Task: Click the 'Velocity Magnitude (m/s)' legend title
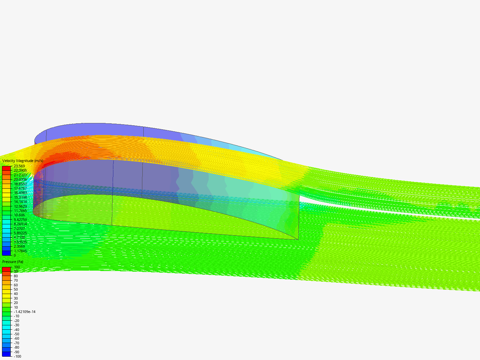click(23, 161)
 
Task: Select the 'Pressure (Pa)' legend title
click(13, 262)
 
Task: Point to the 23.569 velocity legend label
click(19, 166)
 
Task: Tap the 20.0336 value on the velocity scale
click(20, 179)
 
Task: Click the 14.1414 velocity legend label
click(20, 202)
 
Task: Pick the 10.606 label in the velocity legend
click(19, 215)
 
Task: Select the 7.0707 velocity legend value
click(19, 229)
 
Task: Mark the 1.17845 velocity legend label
click(20, 251)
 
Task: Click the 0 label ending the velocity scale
click(15, 255)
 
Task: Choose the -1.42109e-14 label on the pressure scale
click(25, 312)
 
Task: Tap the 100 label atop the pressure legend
click(17, 267)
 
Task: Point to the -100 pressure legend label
click(17, 356)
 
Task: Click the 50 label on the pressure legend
click(16, 289)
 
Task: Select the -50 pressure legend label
click(16, 334)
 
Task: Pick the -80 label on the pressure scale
click(16, 347)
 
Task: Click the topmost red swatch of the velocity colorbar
click(6, 168)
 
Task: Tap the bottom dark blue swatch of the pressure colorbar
click(6, 354)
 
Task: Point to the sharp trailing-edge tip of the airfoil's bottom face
click(298, 239)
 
